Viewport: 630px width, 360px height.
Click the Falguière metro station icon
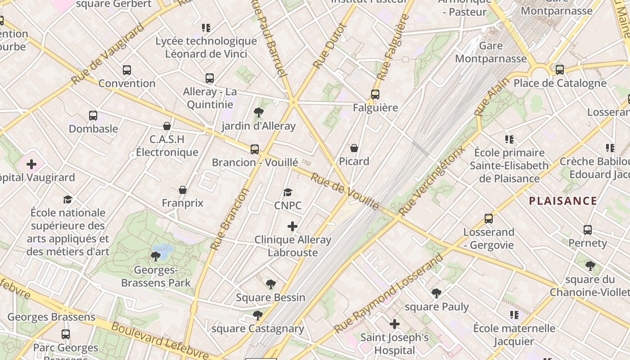click(x=375, y=94)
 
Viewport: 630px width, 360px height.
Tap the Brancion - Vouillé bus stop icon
click(x=255, y=149)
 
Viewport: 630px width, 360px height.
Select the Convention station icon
click(x=127, y=70)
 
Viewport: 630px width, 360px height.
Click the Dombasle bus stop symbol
click(x=93, y=116)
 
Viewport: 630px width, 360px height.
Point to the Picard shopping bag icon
click(x=354, y=148)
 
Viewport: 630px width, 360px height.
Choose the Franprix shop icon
click(x=183, y=190)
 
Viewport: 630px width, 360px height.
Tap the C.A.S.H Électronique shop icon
click(x=167, y=126)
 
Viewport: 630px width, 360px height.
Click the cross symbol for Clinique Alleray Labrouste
click(x=292, y=226)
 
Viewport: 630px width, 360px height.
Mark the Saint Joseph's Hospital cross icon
click(x=395, y=324)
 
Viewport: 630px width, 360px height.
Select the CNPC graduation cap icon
click(x=288, y=193)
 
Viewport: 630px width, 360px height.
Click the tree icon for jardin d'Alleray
click(x=259, y=112)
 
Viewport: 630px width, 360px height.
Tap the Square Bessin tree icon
click(x=270, y=284)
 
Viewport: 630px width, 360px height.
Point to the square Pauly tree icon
click(x=436, y=293)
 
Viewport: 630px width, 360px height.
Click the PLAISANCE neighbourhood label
click(x=563, y=201)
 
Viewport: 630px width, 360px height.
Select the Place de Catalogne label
click(x=560, y=83)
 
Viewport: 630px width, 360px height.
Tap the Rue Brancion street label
click(x=230, y=220)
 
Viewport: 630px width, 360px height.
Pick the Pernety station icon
click(x=588, y=230)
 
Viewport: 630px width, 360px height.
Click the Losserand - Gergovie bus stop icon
click(x=489, y=219)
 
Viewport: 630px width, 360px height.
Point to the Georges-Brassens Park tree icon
click(x=156, y=256)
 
